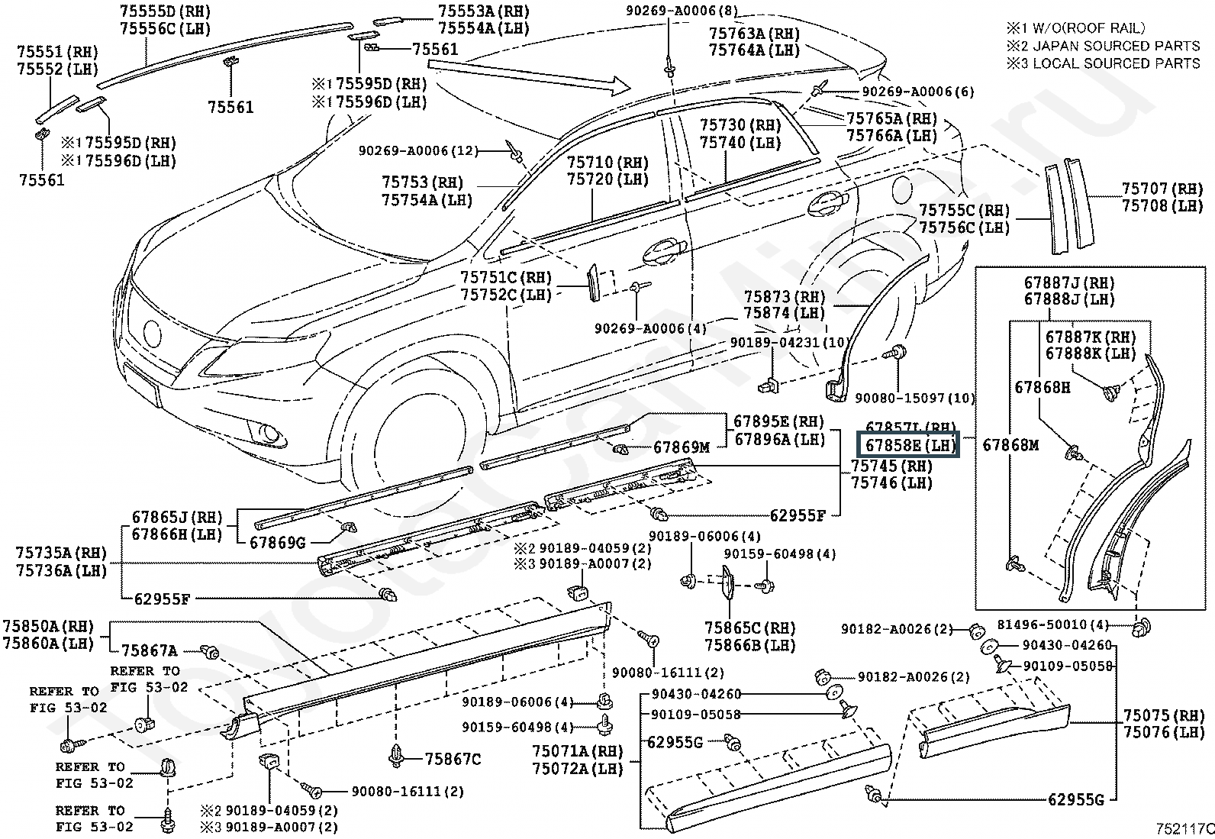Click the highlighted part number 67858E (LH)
(x=908, y=445)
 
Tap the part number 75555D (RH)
(x=165, y=11)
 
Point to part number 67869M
(x=682, y=447)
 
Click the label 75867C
(x=453, y=759)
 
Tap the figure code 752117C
(x=1183, y=828)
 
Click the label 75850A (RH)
(x=48, y=627)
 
